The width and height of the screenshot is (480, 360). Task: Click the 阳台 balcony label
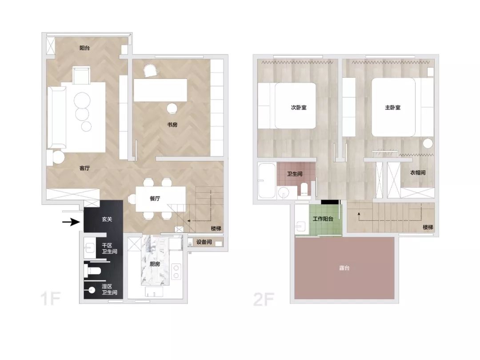pyautogui.click(x=84, y=48)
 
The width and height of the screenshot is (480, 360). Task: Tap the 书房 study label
pyautogui.click(x=172, y=124)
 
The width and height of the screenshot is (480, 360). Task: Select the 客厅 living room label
pyautogui.click(x=84, y=168)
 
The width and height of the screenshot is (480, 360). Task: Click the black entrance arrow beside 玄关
pyautogui.click(x=71, y=221)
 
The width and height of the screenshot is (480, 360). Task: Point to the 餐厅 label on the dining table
pyautogui.click(x=155, y=198)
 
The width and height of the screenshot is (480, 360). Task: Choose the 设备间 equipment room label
pyautogui.click(x=204, y=242)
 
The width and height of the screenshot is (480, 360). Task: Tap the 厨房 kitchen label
pyautogui.click(x=155, y=264)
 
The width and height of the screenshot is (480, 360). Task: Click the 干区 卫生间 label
pyautogui.click(x=109, y=248)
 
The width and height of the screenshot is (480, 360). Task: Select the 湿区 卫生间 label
pyautogui.click(x=109, y=289)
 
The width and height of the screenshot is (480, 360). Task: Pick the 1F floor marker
pyautogui.click(x=51, y=299)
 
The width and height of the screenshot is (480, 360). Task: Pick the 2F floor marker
pyautogui.click(x=264, y=299)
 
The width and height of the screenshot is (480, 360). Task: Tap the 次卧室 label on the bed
pyautogui.click(x=299, y=108)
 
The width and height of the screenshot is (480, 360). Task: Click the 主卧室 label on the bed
pyautogui.click(x=393, y=108)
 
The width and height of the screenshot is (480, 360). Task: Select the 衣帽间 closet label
pyautogui.click(x=418, y=172)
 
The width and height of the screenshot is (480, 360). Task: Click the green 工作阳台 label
pyautogui.click(x=323, y=219)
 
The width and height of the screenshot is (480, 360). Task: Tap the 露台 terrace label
pyautogui.click(x=344, y=268)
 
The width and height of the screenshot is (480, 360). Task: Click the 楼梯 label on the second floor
pyautogui.click(x=428, y=227)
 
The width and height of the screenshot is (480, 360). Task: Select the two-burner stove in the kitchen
pyautogui.click(x=176, y=272)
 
